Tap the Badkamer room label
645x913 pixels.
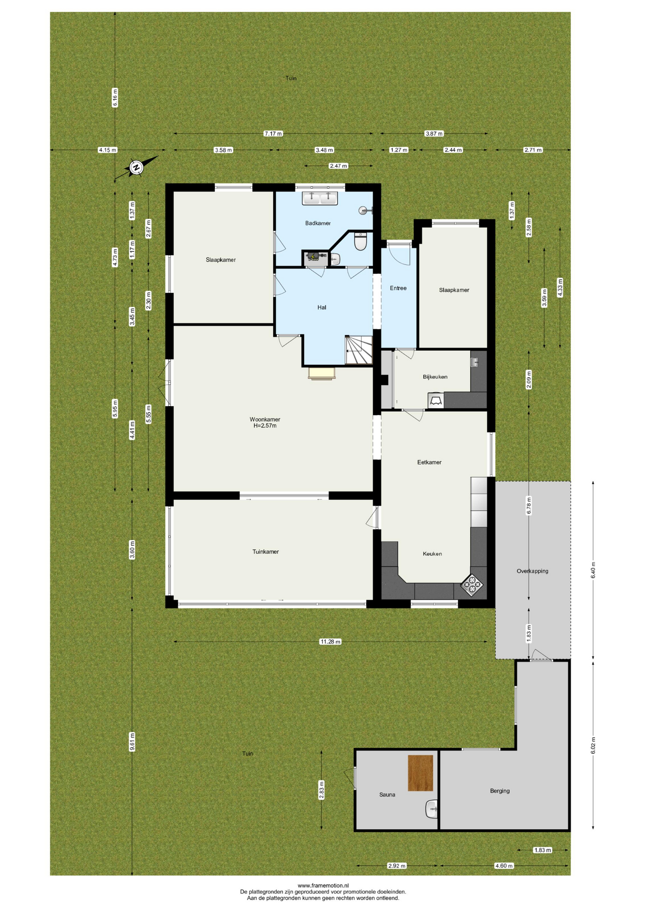click(318, 223)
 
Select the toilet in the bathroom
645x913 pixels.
click(360, 242)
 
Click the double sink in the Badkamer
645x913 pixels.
click(320, 198)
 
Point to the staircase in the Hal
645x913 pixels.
click(359, 350)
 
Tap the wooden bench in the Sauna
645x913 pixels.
click(420, 773)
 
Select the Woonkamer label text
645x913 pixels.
click(265, 419)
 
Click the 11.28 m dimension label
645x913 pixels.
click(330, 641)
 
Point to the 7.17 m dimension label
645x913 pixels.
click(273, 134)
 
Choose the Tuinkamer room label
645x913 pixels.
click(266, 552)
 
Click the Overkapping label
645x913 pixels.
click(532, 571)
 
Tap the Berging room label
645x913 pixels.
click(500, 791)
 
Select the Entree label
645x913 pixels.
click(398, 288)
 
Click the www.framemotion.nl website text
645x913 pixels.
click(323, 885)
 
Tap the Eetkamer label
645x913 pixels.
click(429, 462)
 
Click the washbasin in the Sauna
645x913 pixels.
click(432, 809)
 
